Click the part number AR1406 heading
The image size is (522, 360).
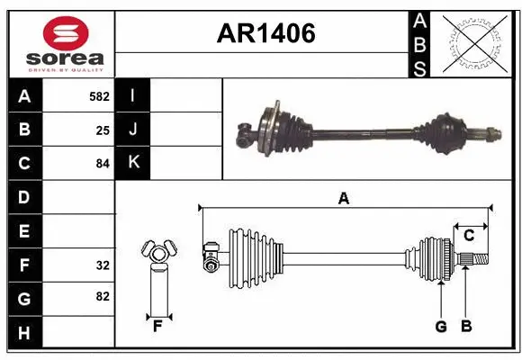(x=265, y=34)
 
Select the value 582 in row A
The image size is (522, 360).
(x=99, y=95)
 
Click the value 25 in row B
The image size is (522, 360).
(x=103, y=130)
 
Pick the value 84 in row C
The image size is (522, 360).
(x=103, y=164)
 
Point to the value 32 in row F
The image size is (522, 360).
(x=103, y=265)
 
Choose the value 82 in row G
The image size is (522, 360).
(x=103, y=296)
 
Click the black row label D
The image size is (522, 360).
(x=24, y=197)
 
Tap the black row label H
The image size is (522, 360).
(x=24, y=333)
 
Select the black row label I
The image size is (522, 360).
(x=133, y=95)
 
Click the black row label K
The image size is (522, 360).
(x=133, y=163)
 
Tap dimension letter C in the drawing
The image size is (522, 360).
(x=470, y=236)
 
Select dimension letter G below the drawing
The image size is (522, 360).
(x=441, y=327)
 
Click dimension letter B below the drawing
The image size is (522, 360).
(x=465, y=327)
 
